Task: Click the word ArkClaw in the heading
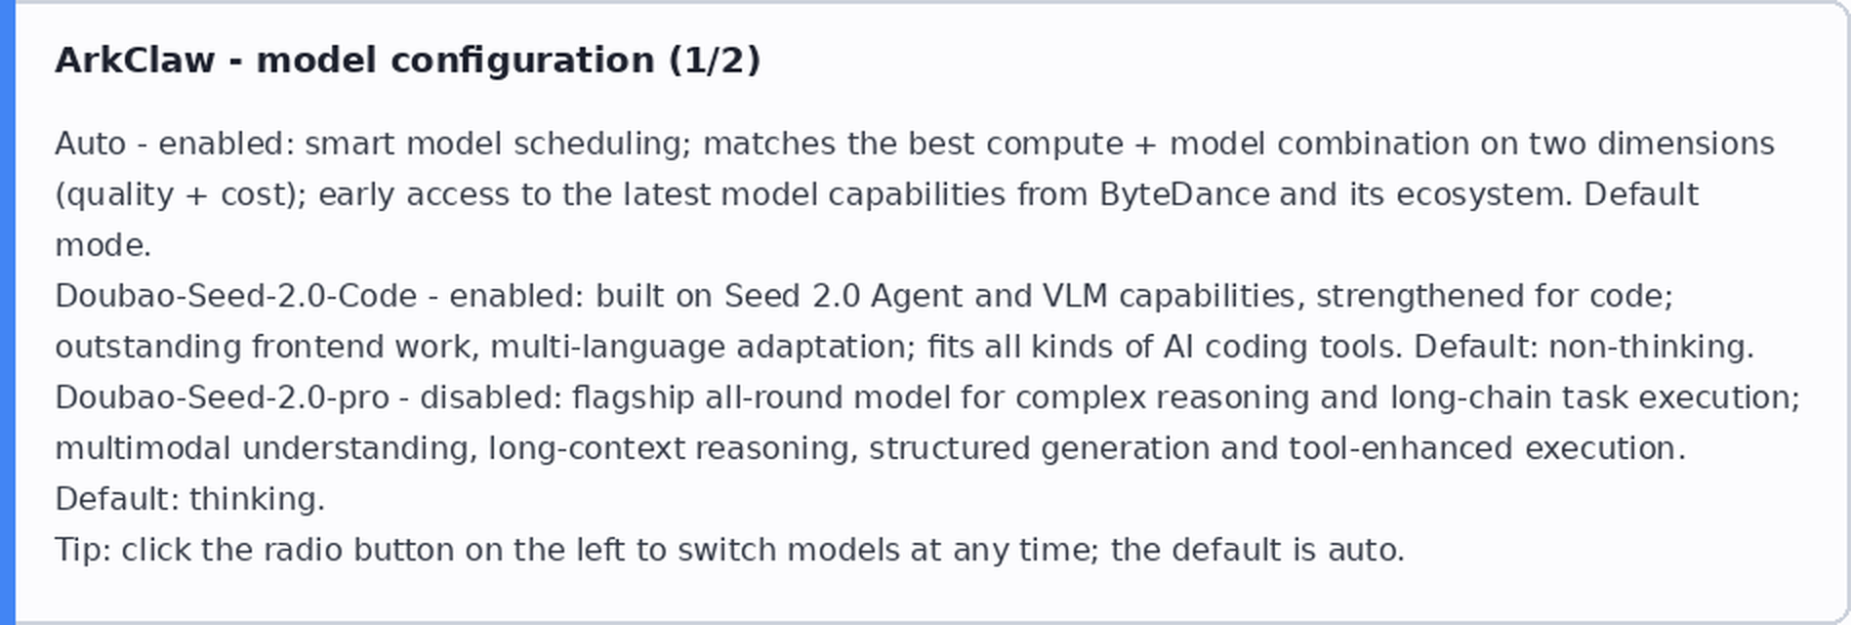tap(135, 61)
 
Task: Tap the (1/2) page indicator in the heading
tap(715, 61)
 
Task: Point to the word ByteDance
tap(1184, 194)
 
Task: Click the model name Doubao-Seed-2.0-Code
tap(235, 296)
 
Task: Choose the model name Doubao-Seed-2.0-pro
tap(222, 397)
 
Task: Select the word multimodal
tap(144, 448)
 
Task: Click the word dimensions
tap(1686, 144)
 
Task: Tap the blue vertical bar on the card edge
tap(8, 312)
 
